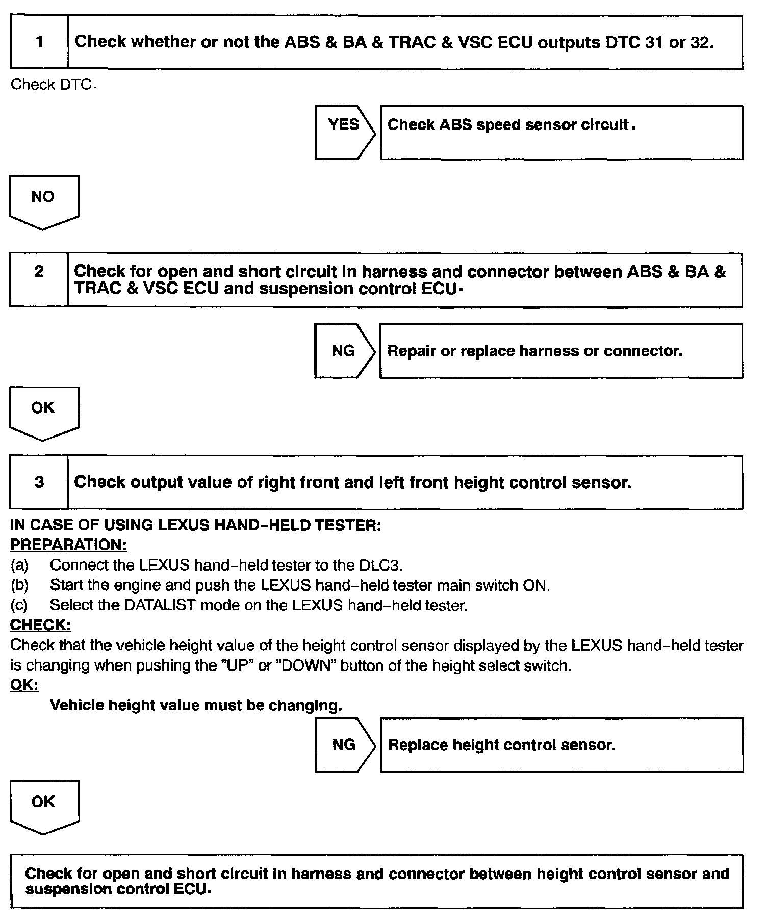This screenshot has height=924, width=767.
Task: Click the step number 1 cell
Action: (39, 42)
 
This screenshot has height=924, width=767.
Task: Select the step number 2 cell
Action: (39, 279)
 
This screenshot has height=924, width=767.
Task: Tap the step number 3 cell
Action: (39, 482)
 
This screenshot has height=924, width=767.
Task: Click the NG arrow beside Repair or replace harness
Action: (344, 351)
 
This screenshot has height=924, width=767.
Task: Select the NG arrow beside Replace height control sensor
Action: (344, 745)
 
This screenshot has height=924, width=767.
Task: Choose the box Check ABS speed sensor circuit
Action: (561, 132)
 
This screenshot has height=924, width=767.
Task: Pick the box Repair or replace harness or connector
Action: (561, 351)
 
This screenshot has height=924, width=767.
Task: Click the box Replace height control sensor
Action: (561, 745)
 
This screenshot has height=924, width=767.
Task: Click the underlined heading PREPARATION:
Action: (68, 545)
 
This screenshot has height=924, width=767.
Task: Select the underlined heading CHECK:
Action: (40, 625)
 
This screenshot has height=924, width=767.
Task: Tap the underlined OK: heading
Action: (24, 685)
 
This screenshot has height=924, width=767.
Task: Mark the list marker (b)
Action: (19, 585)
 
